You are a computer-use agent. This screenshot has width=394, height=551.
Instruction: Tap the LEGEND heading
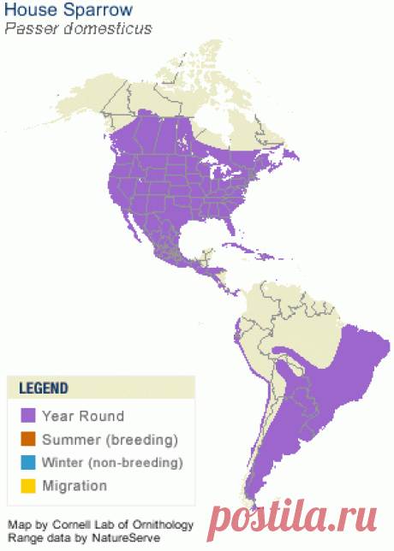click(x=44, y=388)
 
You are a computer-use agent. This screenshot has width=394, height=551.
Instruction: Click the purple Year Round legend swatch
click(x=28, y=417)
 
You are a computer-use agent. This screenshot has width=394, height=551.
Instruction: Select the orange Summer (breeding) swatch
click(x=28, y=440)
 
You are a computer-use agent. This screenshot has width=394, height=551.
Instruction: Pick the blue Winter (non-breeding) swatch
click(x=28, y=463)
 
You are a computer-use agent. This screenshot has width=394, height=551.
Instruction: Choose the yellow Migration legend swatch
click(x=28, y=486)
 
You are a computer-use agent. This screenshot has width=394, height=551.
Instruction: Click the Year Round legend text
click(x=83, y=417)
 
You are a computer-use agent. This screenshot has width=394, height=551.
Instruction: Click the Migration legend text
click(x=75, y=486)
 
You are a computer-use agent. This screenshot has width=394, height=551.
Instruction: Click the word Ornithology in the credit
click(x=164, y=524)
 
